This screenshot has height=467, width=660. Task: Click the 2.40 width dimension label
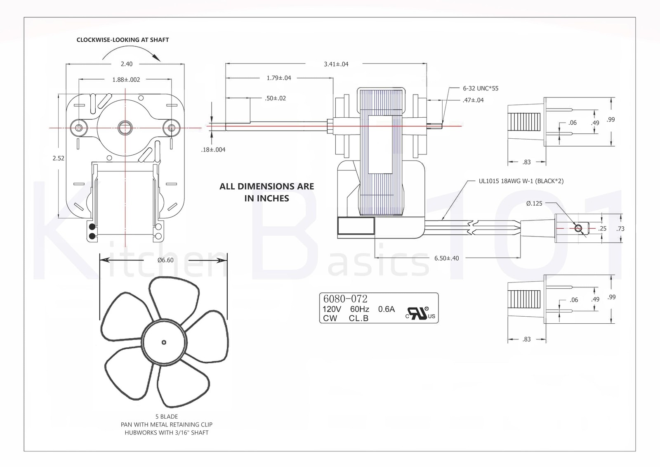pos(127,64)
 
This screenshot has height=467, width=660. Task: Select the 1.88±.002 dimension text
pos(126,80)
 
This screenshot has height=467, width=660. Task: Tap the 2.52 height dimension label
pos(59,158)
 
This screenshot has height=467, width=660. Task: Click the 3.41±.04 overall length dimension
pos(336,64)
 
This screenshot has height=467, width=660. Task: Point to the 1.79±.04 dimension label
pos(278,78)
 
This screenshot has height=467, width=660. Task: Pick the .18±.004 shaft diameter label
pos(213,149)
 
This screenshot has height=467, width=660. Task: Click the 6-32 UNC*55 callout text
pos(480,88)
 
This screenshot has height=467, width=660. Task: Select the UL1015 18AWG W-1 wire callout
pos(521,181)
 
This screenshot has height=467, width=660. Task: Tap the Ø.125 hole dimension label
pos(534,203)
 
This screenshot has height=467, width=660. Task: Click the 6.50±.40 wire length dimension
pos(446,258)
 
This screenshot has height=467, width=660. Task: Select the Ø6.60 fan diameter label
pos(165,260)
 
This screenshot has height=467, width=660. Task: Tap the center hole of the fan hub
pos(164,342)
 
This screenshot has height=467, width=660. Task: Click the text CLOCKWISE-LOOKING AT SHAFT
pos(123,40)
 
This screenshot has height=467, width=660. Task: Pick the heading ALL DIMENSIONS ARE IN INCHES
pos(266,192)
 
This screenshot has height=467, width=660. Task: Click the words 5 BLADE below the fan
pos(166,416)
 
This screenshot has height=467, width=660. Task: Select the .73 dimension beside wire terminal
pos(620,228)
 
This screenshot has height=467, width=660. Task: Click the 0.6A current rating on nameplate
pos(386,309)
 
